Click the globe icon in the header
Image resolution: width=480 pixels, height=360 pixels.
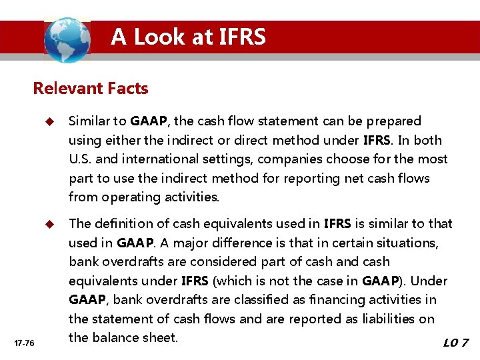pos(67,39)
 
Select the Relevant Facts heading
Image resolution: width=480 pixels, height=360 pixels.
pos(91,88)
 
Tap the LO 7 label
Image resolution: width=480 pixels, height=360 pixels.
pos(456,343)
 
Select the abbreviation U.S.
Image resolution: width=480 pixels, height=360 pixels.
pos(81,159)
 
